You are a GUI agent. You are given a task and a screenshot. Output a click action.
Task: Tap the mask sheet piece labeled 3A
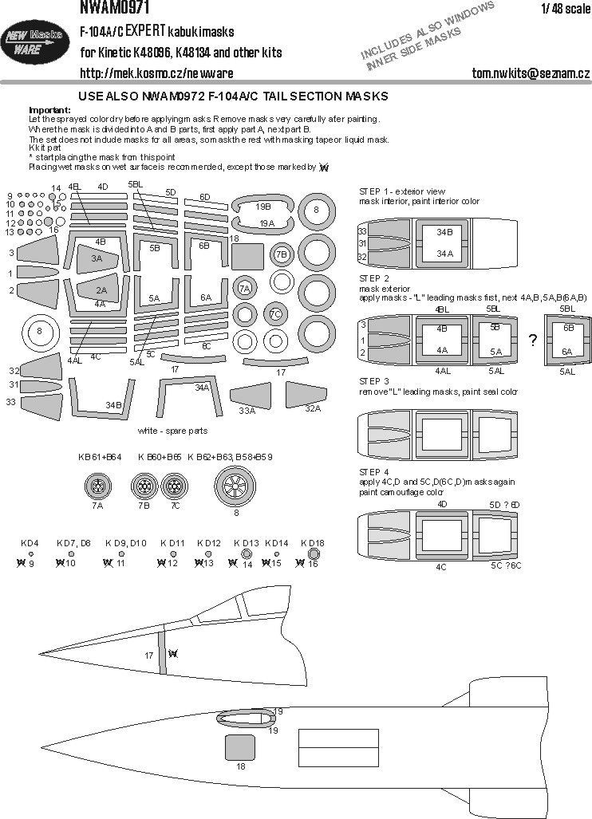(97, 259)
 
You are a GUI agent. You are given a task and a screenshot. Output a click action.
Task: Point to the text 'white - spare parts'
(172, 430)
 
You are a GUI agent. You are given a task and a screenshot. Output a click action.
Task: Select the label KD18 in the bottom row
(313, 542)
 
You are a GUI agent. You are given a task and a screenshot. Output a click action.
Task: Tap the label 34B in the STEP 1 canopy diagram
(444, 232)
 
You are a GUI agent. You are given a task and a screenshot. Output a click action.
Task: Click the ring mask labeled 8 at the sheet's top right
(316, 211)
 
